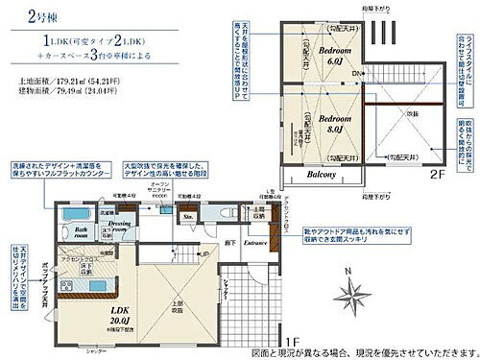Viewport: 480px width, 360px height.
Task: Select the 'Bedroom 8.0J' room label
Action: coord(319,127)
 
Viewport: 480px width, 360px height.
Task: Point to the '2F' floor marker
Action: coord(435,176)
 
